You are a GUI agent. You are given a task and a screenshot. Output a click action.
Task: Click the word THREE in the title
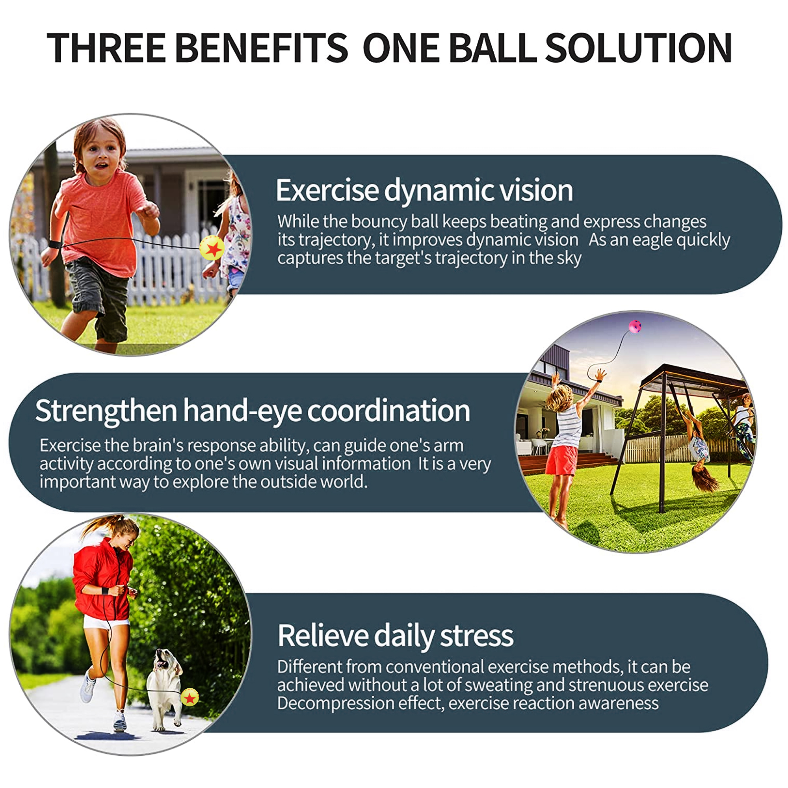point(106,48)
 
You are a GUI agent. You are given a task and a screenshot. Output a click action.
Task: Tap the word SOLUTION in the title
point(638,48)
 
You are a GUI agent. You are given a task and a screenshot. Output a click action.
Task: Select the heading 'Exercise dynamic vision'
point(424,191)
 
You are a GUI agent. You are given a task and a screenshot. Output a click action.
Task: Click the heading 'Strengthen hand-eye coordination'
point(253,411)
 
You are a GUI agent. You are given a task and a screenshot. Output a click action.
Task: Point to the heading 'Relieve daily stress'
point(395,636)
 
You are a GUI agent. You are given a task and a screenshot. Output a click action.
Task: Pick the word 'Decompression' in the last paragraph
point(335,703)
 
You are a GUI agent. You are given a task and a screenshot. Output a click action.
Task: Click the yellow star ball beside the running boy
point(212,248)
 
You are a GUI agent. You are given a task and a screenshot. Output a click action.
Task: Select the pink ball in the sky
point(635,327)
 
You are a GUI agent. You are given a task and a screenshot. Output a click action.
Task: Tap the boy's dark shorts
point(98,300)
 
